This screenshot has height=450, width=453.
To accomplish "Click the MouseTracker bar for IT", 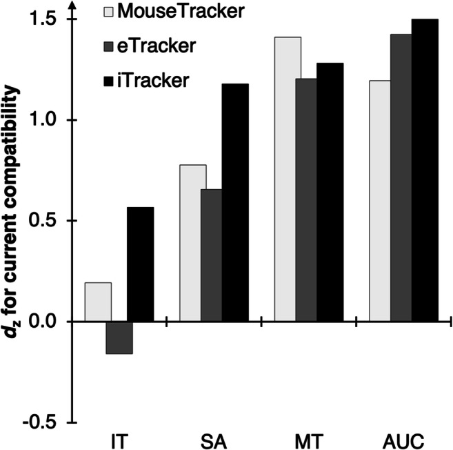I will point(98,302).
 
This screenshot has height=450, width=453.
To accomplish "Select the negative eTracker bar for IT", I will point(119,337).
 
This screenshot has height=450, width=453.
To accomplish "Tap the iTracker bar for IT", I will point(140,264).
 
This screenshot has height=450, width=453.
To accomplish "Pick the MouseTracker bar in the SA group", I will point(192,243).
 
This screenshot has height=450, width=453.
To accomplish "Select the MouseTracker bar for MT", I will point(288,179).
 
